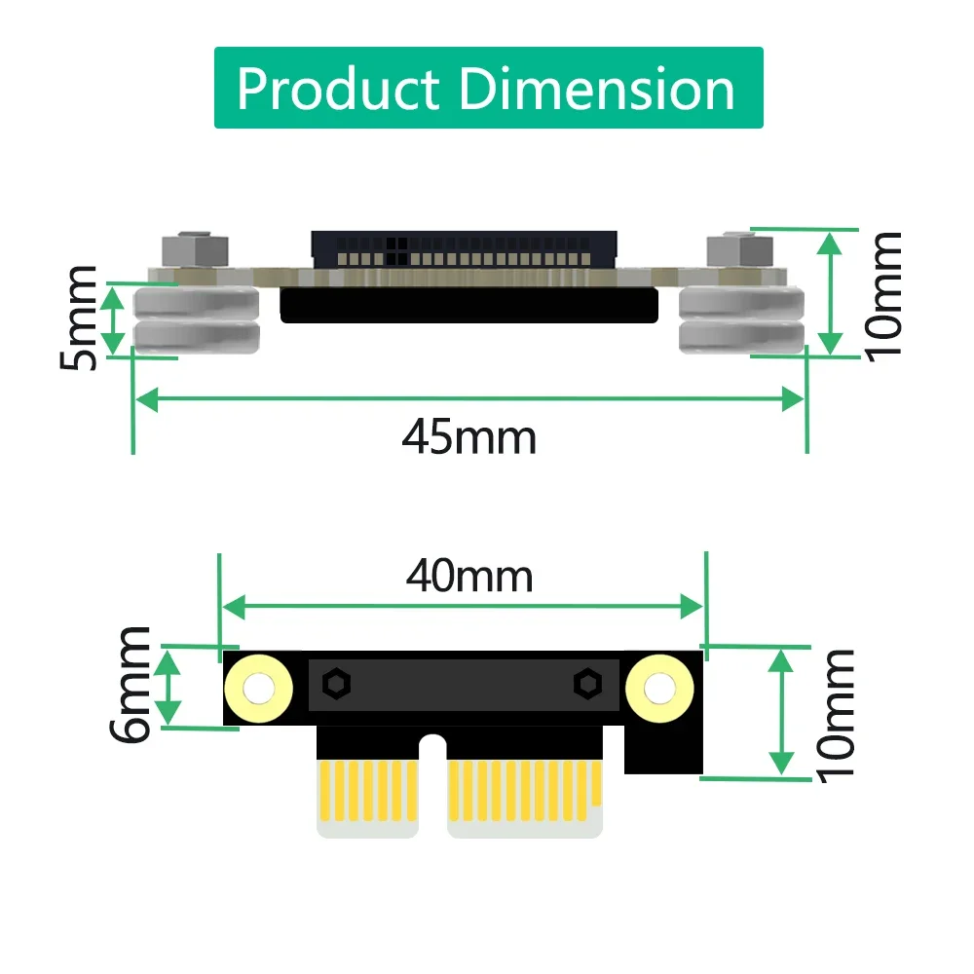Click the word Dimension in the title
[596, 89]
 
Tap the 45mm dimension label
[468, 437]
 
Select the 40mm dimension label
[469, 577]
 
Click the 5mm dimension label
[79, 318]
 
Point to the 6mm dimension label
[131, 685]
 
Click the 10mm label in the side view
[884, 294]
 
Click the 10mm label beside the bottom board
[836, 714]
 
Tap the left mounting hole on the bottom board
[258, 689]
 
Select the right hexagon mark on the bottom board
[586, 684]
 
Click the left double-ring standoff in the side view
[197, 320]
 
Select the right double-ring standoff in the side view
[741, 320]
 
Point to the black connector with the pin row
[464, 249]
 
